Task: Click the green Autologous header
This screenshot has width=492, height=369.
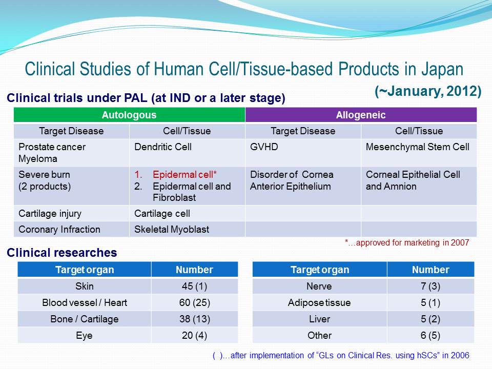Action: [x=129, y=115]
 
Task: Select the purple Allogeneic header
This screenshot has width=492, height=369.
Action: [x=361, y=115]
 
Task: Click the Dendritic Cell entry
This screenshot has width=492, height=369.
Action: [x=163, y=147]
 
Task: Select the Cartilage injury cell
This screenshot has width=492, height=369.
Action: [x=50, y=214]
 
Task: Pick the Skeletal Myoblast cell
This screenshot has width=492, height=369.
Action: [x=172, y=230]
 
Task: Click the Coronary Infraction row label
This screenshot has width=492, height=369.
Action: [x=59, y=230]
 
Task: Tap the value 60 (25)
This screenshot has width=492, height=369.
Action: [x=195, y=302]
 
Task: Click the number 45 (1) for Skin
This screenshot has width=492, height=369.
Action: [x=195, y=286]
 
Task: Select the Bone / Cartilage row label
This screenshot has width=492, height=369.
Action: [x=85, y=319]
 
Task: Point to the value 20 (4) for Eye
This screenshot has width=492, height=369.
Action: [x=195, y=335]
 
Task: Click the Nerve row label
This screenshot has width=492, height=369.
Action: [x=319, y=286]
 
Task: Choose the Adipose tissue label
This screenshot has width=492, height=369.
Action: [x=319, y=302]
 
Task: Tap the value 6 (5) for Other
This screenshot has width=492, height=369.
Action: [x=430, y=335]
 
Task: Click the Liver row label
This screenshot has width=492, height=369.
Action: [x=319, y=319]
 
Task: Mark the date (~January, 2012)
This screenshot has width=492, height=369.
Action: [x=428, y=91]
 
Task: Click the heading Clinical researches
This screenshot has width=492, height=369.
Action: [x=62, y=253]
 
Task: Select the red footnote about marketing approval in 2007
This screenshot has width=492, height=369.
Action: [x=407, y=242]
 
